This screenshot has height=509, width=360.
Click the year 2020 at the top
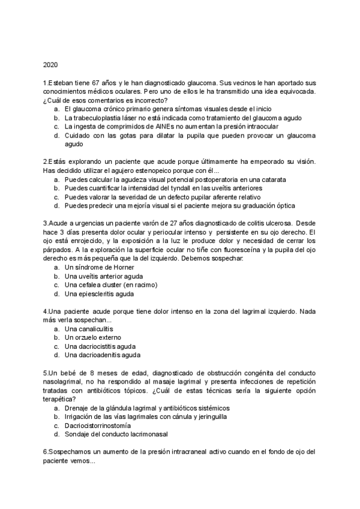[x=50, y=64]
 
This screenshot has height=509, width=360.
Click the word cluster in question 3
[x=118, y=285]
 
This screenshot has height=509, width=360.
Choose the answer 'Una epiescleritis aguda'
[x=98, y=294]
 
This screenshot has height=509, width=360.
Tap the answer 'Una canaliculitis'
[x=89, y=329]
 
